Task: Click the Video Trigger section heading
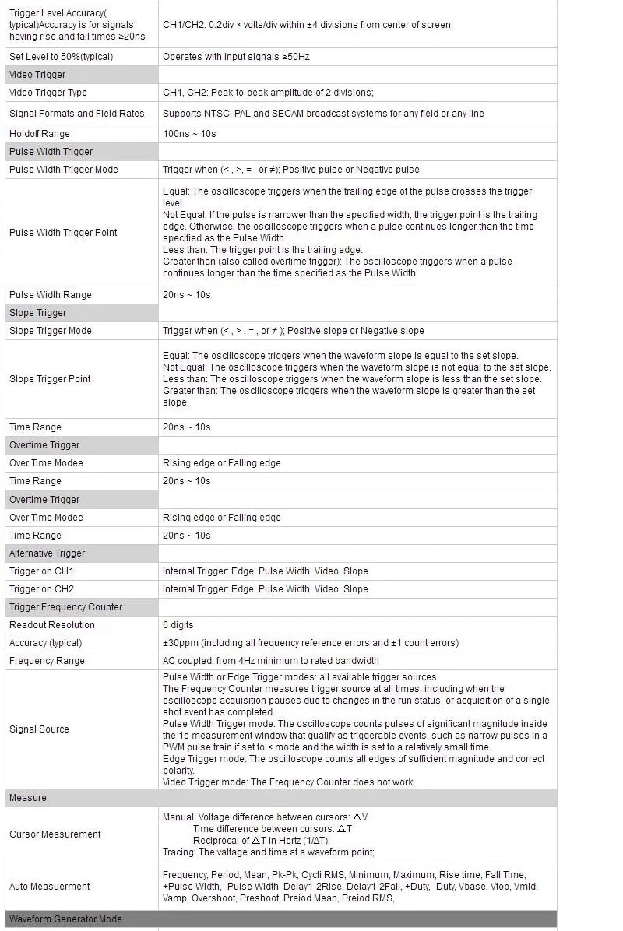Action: coord(37,75)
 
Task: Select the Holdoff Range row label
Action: coord(40,134)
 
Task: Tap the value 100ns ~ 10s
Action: coord(189,134)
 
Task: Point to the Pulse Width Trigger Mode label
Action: coord(64,170)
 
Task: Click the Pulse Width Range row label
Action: coord(51,295)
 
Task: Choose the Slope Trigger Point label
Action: coord(50,379)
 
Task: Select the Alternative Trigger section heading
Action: coord(48,553)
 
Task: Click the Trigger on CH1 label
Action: coord(41,571)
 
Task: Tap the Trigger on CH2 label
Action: coord(41,589)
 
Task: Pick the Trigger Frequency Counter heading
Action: coord(66,607)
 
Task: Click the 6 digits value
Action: coord(178,625)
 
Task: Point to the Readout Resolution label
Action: coord(52,625)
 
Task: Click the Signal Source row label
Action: coord(39,729)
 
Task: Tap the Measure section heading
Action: coord(28,798)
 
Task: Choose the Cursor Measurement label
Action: coord(55,834)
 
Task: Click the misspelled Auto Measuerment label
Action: coord(50,887)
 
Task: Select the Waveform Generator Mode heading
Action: coord(65,919)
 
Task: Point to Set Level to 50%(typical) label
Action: coord(61,57)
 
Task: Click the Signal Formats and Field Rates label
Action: coord(77,114)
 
